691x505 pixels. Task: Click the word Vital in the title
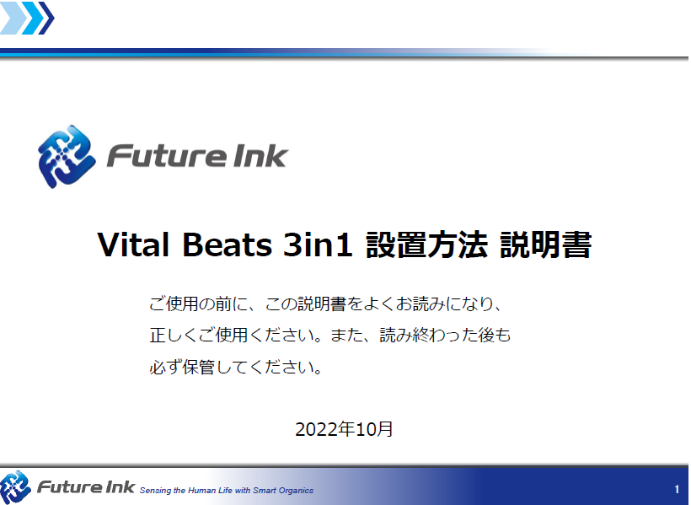click(133, 244)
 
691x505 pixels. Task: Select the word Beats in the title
click(227, 244)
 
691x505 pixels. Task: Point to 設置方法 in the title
click(426, 244)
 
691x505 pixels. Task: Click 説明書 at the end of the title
click(545, 244)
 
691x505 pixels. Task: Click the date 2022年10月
click(344, 429)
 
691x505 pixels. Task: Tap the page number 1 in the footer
click(677, 489)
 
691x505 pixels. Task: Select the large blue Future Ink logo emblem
click(67, 157)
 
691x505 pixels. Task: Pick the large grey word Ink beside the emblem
click(258, 156)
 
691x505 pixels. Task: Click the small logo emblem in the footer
click(15, 487)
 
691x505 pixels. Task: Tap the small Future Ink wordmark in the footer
click(86, 487)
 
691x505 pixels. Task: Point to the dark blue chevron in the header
click(46, 18)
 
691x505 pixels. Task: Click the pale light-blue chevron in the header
click(10, 18)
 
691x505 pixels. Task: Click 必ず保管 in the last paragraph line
click(182, 367)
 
